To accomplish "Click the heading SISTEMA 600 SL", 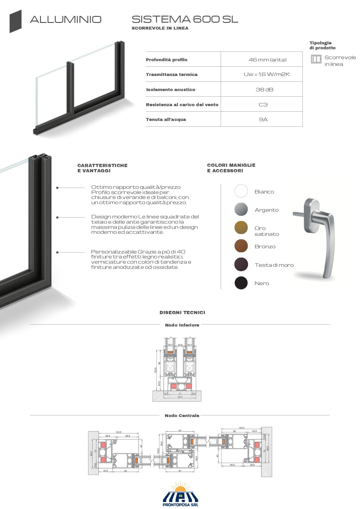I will coord(185,19).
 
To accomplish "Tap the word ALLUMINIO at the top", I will coord(66,20).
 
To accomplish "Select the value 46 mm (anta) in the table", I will coord(267,60).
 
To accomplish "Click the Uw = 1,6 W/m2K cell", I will coord(267,74).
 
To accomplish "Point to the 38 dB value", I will coord(264,90).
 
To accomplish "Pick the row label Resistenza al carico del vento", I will coord(182,105).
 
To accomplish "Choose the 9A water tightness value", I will coord(263,119).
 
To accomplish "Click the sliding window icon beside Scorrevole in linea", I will coord(316,59).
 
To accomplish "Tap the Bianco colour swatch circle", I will coord(241,191).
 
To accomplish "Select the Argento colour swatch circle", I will coord(241,209).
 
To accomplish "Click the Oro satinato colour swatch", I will coord(241,228).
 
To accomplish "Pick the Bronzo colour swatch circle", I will coord(241,246).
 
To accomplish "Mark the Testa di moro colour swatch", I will coord(241,265).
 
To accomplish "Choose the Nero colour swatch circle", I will coord(241,283).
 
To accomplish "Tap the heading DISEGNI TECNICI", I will coord(182,312).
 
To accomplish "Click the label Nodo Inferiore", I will coord(182,325).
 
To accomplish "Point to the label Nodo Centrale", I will coord(182,416).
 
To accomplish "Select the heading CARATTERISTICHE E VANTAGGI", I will coord(102,168).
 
